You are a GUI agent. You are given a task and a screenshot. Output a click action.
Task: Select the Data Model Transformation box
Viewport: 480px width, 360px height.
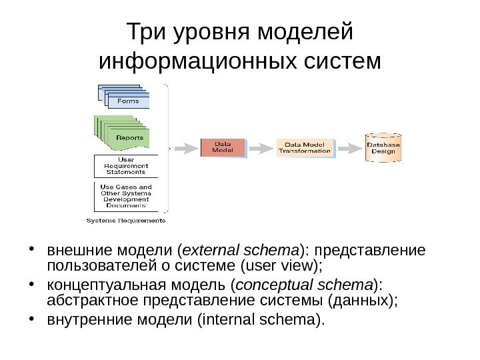[x=304, y=147]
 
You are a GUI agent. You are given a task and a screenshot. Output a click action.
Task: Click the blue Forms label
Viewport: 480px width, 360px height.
[x=128, y=101]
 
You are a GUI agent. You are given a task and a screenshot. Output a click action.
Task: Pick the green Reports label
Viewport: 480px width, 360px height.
[x=129, y=137]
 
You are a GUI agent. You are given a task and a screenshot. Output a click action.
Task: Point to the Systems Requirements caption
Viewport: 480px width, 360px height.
[x=127, y=220]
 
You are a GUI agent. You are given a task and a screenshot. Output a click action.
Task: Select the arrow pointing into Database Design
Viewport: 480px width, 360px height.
[x=348, y=147]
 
